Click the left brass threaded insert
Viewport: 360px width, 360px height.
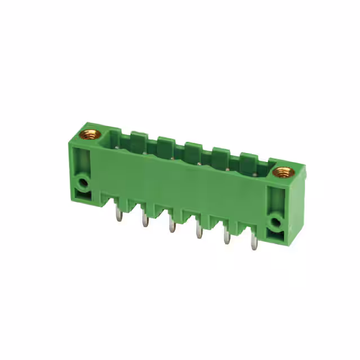click(x=89, y=134)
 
